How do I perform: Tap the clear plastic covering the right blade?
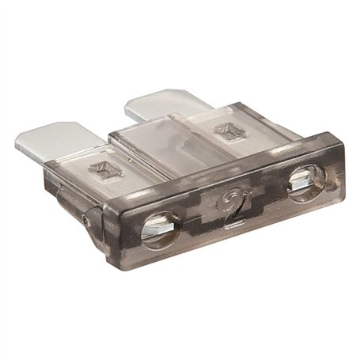pos(229,135)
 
